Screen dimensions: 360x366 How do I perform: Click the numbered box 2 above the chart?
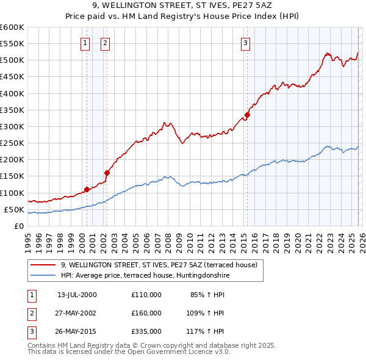click(105, 43)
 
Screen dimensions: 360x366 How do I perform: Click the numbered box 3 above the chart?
click(245, 43)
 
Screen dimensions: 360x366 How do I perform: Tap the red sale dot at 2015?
click(248, 115)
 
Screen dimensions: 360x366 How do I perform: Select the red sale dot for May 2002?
click(107, 173)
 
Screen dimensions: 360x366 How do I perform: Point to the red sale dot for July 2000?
click(87, 189)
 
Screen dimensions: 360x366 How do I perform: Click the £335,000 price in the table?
click(146, 331)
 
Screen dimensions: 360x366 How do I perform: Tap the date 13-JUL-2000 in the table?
click(76, 295)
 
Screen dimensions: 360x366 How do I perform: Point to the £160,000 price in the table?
click(146, 313)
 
